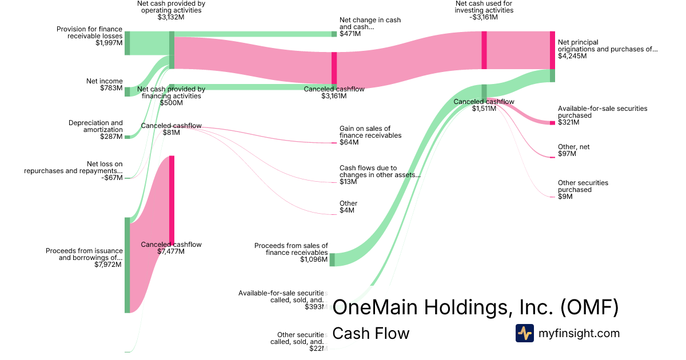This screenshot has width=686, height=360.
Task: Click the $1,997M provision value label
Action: pyautogui.click(x=109, y=43)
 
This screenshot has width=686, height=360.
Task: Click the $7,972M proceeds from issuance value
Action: pyautogui.click(x=108, y=265)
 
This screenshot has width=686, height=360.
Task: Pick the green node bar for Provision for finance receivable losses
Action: pyautogui.click(x=127, y=43)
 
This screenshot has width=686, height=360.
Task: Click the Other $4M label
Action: pyautogui.click(x=348, y=207)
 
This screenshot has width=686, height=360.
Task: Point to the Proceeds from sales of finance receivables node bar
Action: pyautogui.click(x=332, y=259)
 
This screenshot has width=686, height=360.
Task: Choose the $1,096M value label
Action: pyautogui.click(x=314, y=259)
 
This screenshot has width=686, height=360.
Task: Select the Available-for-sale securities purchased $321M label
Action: pyautogui.click(x=602, y=115)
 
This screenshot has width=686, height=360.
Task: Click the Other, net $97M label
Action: pyautogui.click(x=573, y=150)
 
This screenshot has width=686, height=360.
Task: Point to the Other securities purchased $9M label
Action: pyautogui.click(x=583, y=189)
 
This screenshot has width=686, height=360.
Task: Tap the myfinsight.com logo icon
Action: pyautogui.click(x=524, y=333)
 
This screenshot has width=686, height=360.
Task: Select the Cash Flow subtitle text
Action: pyautogui.click(x=370, y=333)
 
